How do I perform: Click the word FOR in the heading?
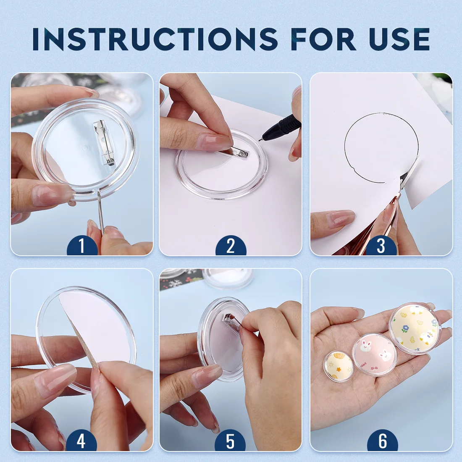point(323,39)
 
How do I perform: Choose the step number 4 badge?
point(81,441)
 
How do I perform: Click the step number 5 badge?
point(230,441)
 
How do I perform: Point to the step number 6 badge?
point(383,441)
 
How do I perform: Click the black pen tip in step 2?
point(260,140)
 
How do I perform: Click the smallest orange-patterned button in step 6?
point(339,366)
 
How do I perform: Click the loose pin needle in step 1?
point(101,212)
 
